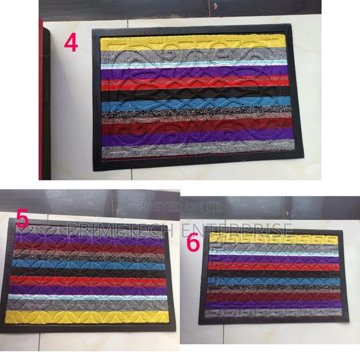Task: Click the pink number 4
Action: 70,44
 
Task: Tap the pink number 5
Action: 23,219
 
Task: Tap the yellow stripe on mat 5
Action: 87,318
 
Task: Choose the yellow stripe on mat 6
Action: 273,238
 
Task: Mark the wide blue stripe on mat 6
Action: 273,283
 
